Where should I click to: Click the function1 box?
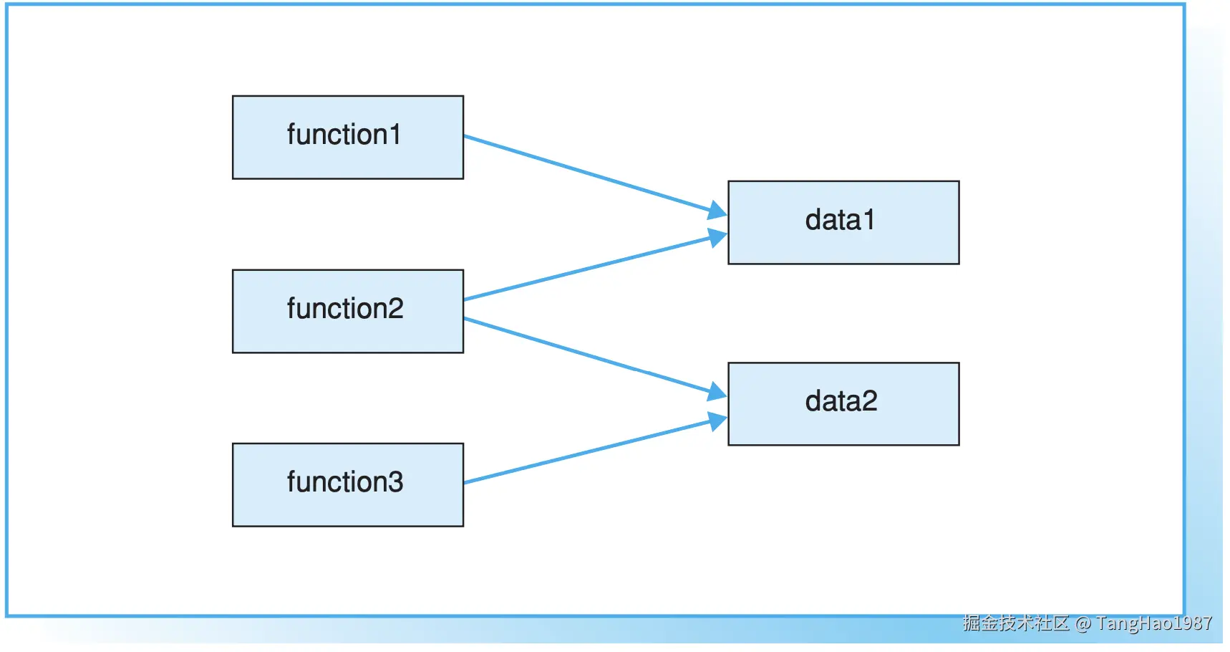pyautogui.click(x=348, y=138)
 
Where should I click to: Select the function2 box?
pyautogui.click(x=348, y=311)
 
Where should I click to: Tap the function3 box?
pyautogui.click(x=348, y=485)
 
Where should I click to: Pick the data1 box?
pyautogui.click(x=843, y=223)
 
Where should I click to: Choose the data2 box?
pyautogui.click(x=843, y=404)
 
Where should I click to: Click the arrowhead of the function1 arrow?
pyautogui.click(x=718, y=211)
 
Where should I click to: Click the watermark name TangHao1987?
pyautogui.click(x=1154, y=623)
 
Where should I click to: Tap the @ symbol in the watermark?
pyautogui.click(x=1083, y=623)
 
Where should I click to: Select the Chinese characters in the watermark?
pyautogui.click(x=1016, y=623)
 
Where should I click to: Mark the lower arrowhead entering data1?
pyautogui.click(x=718, y=237)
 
